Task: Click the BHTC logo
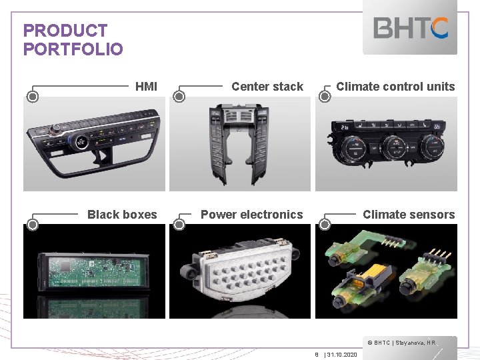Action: click(411, 28)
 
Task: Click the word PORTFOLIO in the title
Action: click(73, 49)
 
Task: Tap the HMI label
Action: click(146, 87)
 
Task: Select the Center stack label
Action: click(267, 87)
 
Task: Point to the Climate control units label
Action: click(395, 87)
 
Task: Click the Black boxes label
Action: click(122, 215)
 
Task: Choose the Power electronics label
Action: click(251, 215)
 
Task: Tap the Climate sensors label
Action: click(408, 215)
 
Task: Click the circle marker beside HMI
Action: click(33, 97)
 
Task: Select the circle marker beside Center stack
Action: click(179, 97)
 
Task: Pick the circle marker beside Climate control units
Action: click(325, 97)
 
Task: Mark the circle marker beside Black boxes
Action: click(33, 225)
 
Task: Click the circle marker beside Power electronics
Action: click(179, 225)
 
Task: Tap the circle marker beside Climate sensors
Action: click(325, 225)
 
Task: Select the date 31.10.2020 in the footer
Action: click(342, 355)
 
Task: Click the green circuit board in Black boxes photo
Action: click(93, 270)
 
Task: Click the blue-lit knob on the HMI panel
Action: click(79, 141)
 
